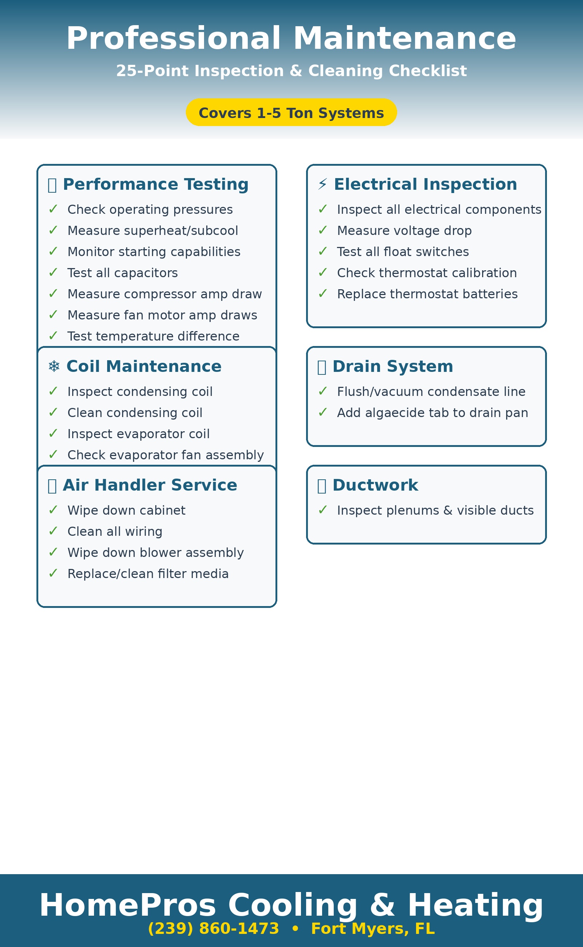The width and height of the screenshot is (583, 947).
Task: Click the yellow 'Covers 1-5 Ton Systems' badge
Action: coord(291,113)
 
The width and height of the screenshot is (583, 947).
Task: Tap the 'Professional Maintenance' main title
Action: coord(291,39)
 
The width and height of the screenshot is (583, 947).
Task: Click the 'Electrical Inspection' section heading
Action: coord(425,184)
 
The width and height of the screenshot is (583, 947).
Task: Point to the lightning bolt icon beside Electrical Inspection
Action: coord(322,184)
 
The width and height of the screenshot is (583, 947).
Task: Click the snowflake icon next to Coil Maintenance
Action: coord(54,366)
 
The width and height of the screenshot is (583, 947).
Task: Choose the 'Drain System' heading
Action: coord(392,366)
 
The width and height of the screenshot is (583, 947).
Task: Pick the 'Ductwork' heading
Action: coord(375,485)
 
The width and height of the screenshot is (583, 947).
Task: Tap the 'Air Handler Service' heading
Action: coord(150,485)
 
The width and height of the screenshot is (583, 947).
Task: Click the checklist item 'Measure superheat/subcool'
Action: coord(153,231)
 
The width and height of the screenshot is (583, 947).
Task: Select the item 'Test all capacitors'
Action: coord(123,273)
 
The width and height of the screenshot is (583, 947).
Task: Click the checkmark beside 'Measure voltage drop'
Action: coord(323,230)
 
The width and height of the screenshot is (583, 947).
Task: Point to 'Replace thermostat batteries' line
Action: coord(427,294)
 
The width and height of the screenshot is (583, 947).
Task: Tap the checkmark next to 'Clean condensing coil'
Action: coord(53,412)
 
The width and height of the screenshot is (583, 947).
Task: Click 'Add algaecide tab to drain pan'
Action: coord(432,413)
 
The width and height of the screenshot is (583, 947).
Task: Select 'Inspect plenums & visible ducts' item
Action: coord(435,510)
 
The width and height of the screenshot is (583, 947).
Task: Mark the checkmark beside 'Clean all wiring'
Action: coord(53,531)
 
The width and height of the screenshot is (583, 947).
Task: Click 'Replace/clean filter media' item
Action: coord(148,574)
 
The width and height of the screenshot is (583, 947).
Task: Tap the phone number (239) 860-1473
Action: coord(213,928)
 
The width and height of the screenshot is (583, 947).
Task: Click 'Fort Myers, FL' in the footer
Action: coord(373,928)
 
